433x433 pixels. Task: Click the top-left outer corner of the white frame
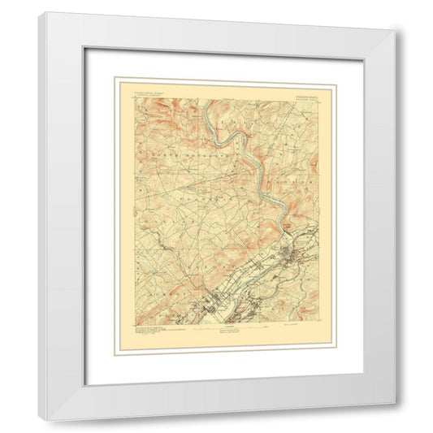click(x=38, y=12)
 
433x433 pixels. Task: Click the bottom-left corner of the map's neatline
click(x=126, y=325)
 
